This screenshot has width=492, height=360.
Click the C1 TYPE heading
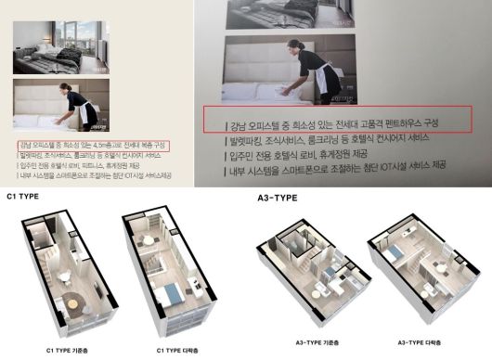pyautogui.click(x=23, y=196)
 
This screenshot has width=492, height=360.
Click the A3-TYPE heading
pyautogui.click(x=276, y=196)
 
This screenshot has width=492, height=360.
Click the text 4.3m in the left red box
pyautogui.click(x=112, y=146)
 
